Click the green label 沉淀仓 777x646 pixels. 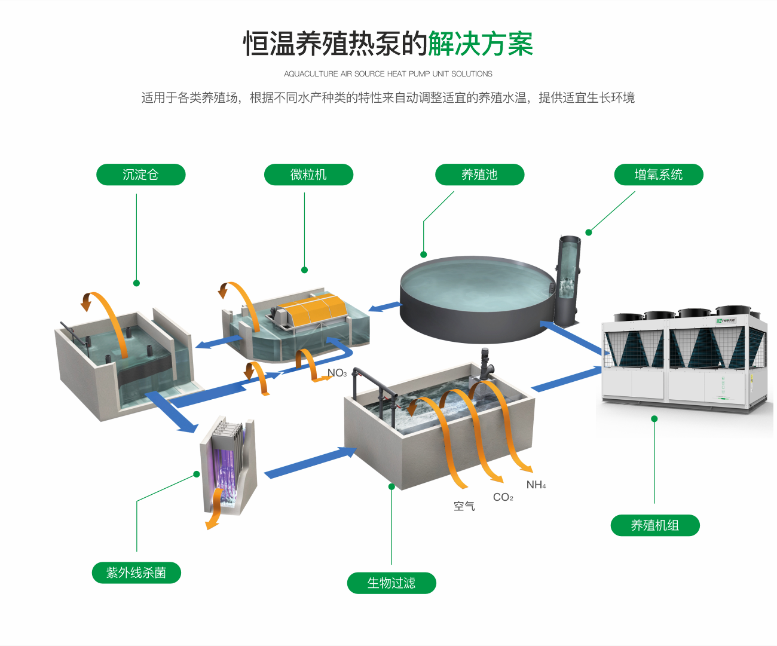(140, 174)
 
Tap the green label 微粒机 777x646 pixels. (308, 174)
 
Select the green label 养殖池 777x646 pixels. (479, 174)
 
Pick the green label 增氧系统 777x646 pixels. (658, 174)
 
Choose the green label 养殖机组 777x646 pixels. (654, 525)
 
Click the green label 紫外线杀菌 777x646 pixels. (136, 572)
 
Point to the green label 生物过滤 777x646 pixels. (391, 583)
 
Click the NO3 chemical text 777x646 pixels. (337, 373)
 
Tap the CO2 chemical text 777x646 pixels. (503, 497)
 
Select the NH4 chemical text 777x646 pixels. (536, 485)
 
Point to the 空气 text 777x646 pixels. (464, 506)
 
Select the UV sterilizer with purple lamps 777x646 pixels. (228, 466)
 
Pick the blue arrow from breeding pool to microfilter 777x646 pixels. (385, 307)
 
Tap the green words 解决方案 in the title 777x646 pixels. (480, 44)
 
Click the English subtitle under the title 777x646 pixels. (388, 74)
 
